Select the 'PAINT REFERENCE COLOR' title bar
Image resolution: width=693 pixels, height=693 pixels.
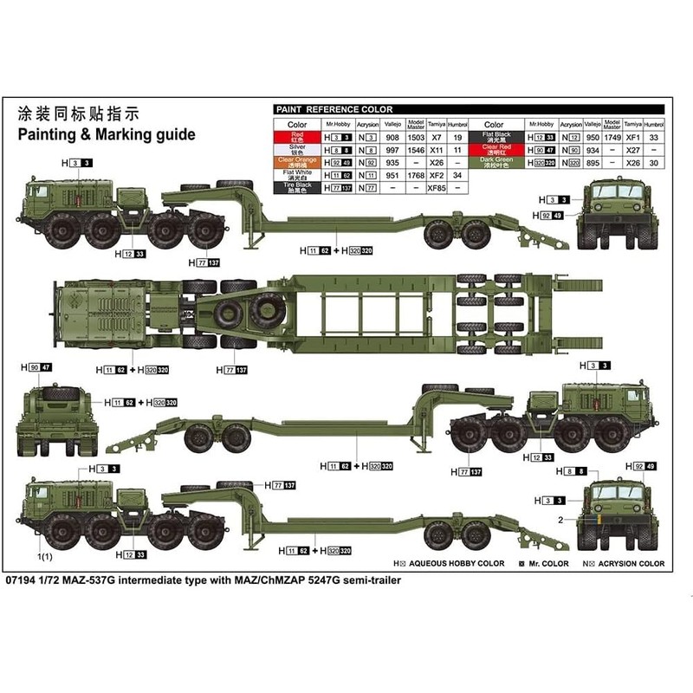(334, 110)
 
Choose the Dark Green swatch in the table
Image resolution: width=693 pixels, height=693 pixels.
(499, 161)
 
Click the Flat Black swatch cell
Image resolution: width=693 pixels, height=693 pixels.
(499, 137)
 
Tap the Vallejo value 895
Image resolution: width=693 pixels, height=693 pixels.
(593, 162)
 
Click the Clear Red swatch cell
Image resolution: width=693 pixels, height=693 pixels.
(499, 149)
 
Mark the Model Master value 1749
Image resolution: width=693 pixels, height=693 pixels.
(612, 138)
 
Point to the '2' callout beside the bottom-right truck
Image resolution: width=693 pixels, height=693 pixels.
(560, 520)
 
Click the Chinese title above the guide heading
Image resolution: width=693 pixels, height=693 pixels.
(77, 114)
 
